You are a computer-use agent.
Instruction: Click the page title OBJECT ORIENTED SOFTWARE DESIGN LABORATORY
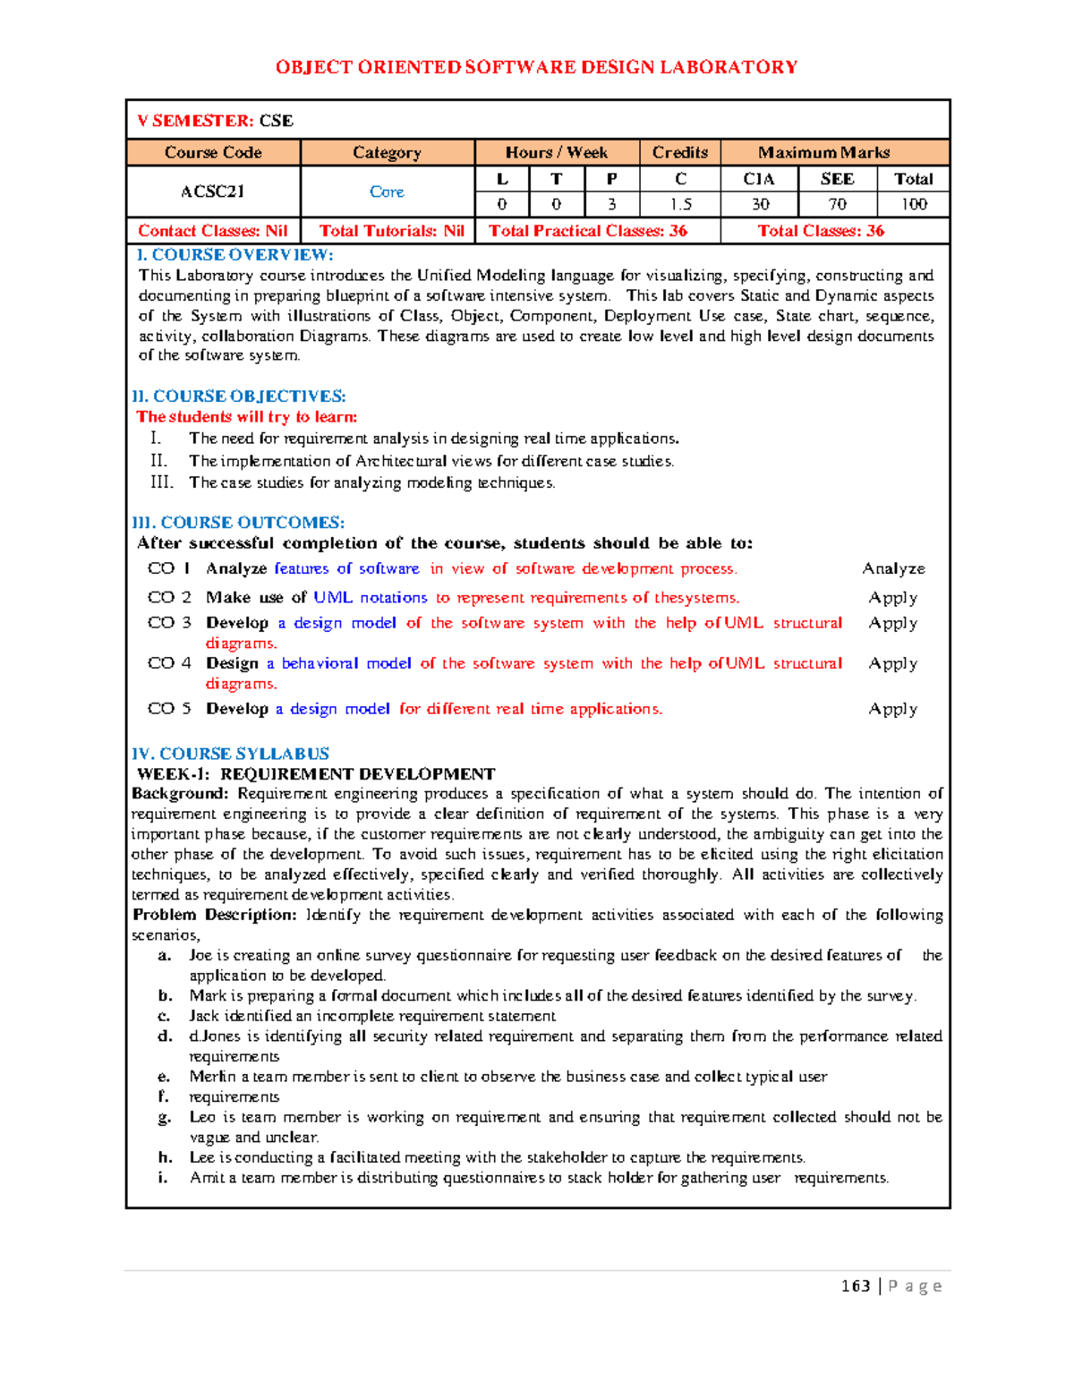click(x=536, y=67)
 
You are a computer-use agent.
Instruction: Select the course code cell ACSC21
click(x=212, y=192)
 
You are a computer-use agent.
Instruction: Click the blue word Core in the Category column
click(x=387, y=192)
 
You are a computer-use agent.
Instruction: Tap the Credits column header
click(x=679, y=152)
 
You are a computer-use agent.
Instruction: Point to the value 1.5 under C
click(x=680, y=204)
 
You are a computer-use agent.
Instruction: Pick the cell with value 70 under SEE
click(x=837, y=204)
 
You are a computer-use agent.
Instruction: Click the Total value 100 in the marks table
click(x=913, y=204)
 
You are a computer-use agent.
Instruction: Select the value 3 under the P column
click(x=611, y=204)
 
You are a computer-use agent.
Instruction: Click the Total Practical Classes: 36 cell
click(x=588, y=231)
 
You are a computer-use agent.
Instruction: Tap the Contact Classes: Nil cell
click(x=213, y=231)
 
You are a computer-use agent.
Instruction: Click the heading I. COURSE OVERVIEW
click(x=234, y=255)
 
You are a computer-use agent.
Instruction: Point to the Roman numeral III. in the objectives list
click(x=161, y=482)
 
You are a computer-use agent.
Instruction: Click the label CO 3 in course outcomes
click(x=169, y=623)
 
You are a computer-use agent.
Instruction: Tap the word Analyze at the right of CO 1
click(x=893, y=568)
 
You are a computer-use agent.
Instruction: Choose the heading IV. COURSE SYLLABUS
click(x=230, y=754)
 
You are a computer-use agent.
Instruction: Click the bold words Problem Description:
click(x=214, y=915)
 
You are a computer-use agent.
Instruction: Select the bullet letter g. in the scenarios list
click(x=164, y=1117)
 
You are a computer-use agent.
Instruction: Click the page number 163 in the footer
click(x=856, y=1286)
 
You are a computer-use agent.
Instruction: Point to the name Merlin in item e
click(x=212, y=1077)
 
